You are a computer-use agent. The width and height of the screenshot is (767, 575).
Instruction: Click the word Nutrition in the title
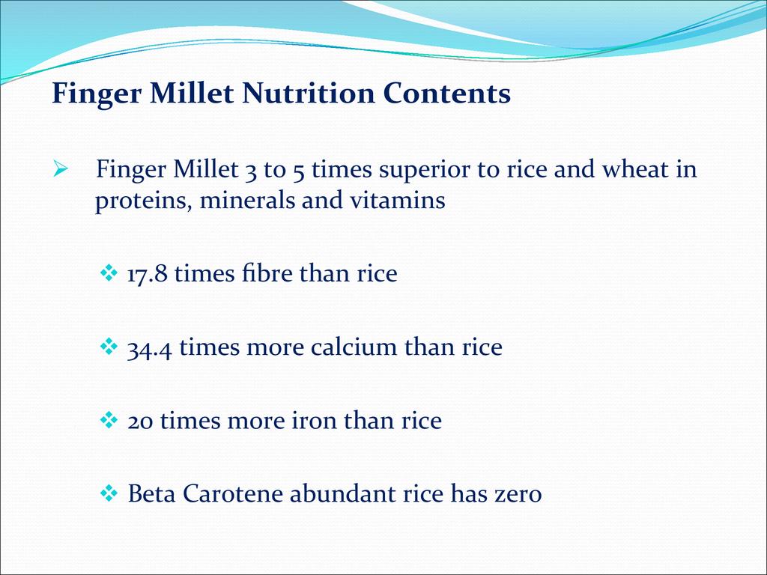[x=308, y=93]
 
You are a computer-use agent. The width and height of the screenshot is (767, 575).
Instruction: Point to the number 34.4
[x=150, y=347]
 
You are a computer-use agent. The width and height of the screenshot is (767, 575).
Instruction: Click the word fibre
[x=267, y=272]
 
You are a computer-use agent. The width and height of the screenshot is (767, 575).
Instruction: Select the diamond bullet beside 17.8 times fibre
[x=109, y=273]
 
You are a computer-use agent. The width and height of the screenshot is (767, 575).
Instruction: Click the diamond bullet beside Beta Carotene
[x=109, y=493]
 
